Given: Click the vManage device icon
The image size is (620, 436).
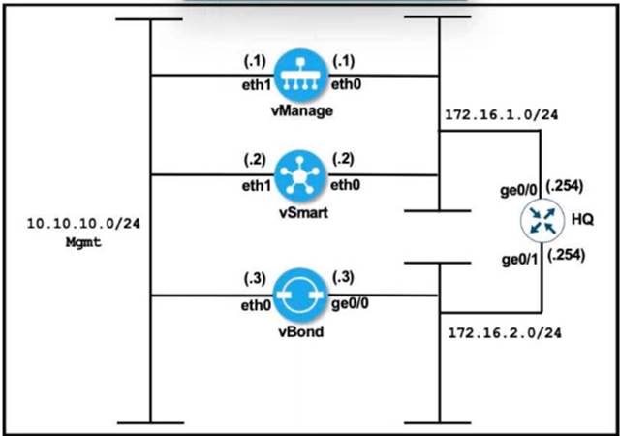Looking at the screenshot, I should (x=297, y=75).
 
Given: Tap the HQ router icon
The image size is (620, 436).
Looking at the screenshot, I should (x=541, y=221).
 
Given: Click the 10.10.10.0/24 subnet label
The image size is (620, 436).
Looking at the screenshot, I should (x=71, y=223).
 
